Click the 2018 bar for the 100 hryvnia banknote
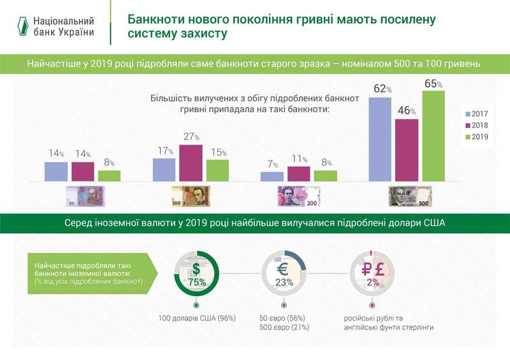(x=191, y=163)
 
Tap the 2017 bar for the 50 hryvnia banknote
(x=56, y=172)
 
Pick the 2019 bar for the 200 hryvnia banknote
(x=325, y=176)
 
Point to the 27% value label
(x=191, y=137)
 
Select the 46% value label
(x=407, y=111)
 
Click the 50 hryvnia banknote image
(x=85, y=196)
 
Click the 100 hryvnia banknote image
(x=191, y=196)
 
